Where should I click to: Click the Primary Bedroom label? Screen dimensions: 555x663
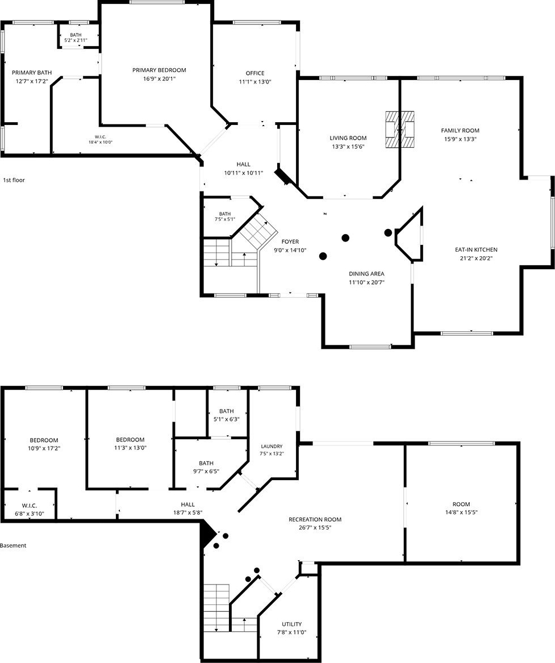[x=159, y=70]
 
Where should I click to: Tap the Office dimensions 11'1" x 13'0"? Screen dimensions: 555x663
[x=255, y=82]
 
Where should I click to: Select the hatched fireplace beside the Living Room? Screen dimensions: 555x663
[x=399, y=130]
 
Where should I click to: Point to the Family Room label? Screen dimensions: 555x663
[x=460, y=131]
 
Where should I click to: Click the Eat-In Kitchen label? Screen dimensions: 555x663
[x=476, y=250]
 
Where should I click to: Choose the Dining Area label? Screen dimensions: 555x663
[x=366, y=274]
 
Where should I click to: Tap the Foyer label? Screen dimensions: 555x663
[x=290, y=242]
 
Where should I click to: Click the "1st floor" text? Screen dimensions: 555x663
[x=14, y=180]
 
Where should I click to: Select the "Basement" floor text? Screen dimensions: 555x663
[x=13, y=545]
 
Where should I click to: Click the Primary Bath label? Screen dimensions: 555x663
[x=32, y=73]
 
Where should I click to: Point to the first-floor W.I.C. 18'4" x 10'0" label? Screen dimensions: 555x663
[x=100, y=140]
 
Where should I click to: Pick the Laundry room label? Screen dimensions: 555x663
[x=272, y=447]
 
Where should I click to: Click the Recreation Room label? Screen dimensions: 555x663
[x=315, y=520]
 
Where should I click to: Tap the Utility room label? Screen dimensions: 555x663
[x=291, y=624]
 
